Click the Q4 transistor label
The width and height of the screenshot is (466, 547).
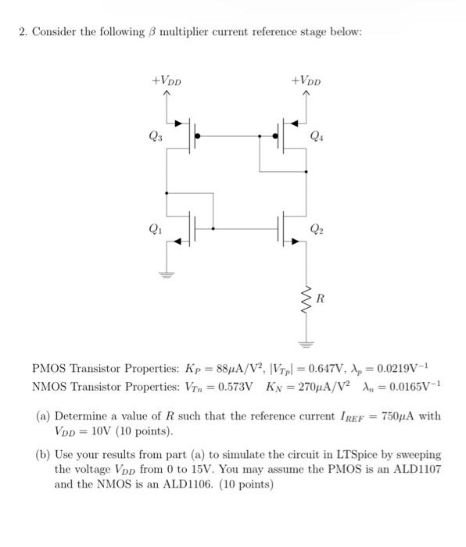pos(314,138)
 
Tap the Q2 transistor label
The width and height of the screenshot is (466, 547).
pos(314,230)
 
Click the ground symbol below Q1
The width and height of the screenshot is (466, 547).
pos(166,274)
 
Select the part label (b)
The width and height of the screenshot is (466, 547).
pos(44,454)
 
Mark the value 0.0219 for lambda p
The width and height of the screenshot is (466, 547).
pos(403,368)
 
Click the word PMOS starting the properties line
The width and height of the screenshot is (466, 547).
pos(50,368)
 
